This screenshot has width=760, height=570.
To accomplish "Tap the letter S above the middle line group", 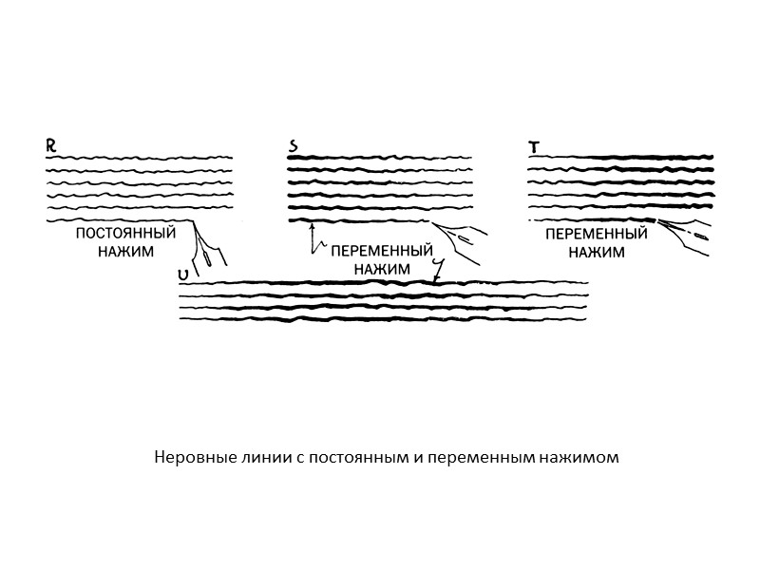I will tap(294, 146).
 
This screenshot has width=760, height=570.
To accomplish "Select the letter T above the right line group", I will tap(534, 146).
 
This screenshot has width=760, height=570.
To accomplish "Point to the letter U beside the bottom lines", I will tap(181, 275).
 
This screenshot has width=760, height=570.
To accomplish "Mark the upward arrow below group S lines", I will tap(312, 237).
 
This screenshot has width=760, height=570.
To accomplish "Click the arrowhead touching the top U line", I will tap(435, 279).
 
